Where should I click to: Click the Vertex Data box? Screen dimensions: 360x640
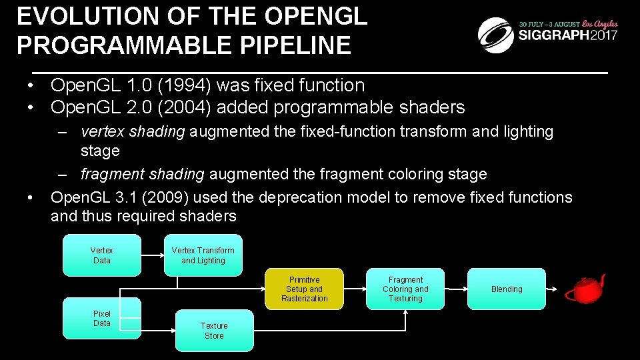coord(102,255)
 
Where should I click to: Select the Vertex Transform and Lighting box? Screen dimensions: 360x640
coord(203,255)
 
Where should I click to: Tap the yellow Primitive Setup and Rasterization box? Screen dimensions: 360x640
coord(304,289)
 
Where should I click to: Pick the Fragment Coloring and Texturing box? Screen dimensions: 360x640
coord(405,289)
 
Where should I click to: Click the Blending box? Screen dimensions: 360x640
coord(507,289)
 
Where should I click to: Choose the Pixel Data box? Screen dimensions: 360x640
coord(102,319)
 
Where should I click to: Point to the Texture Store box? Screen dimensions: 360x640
coord(214,331)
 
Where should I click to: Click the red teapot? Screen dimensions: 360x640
coord(585,289)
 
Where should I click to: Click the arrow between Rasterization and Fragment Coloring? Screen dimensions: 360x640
coord(355,289)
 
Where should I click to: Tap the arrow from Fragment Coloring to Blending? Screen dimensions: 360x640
coord(456,289)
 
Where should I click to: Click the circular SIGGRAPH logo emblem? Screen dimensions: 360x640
coord(495,35)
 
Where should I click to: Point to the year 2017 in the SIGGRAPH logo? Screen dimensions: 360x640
coord(603,35)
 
